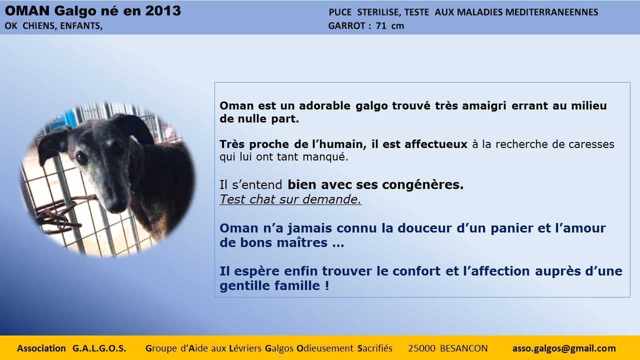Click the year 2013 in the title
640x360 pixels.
163,11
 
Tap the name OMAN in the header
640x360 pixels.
27,11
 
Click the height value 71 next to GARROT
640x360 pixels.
381,25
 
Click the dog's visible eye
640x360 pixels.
81,156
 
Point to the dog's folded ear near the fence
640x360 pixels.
51,145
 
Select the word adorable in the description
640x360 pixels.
324,105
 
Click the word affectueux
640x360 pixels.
436,144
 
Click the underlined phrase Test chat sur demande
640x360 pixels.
290,199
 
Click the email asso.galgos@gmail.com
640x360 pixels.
564,348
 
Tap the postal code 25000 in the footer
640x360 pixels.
421,348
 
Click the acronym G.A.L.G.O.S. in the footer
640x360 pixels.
99,348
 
